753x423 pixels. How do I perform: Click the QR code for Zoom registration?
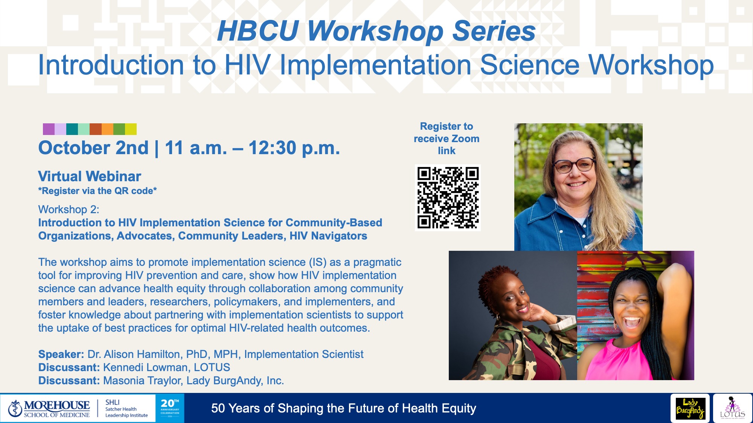tap(448, 198)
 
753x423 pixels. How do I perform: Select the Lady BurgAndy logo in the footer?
tap(690, 409)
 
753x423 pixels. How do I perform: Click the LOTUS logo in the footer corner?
tap(732, 409)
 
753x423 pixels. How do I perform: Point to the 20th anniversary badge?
tap(170, 408)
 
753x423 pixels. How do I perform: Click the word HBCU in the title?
tap(258, 31)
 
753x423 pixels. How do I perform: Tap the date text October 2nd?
tap(93, 148)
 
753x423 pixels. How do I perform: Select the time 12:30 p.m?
tap(294, 148)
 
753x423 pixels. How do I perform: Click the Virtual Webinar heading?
tap(90, 176)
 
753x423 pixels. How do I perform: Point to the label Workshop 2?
tap(69, 209)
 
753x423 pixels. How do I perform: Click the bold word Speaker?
tap(61, 354)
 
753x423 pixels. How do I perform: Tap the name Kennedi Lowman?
tap(145, 367)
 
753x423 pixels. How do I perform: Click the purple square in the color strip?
tap(49, 129)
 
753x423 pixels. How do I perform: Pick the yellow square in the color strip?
tap(131, 129)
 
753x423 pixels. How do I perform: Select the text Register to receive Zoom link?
tap(447, 138)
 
